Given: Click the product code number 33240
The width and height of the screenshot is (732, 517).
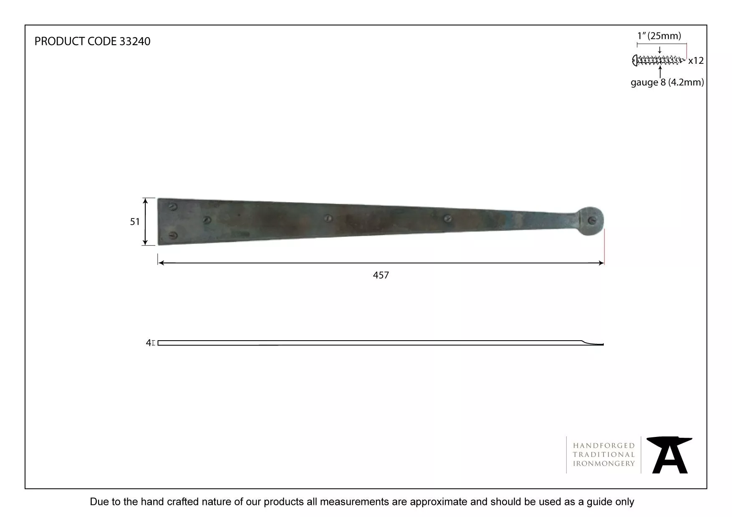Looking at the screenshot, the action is [x=135, y=41].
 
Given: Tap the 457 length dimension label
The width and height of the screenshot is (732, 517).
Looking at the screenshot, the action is [x=381, y=275].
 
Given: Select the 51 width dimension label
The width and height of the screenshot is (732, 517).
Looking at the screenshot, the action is [x=135, y=222].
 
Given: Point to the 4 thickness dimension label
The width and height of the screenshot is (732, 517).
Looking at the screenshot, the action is [x=148, y=343].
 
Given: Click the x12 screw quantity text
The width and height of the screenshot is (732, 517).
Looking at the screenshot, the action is [x=696, y=61].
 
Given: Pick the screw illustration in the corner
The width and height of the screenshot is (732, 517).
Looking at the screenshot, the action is [x=659, y=60].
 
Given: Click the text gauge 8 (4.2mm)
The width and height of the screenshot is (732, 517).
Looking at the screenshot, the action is [x=667, y=83].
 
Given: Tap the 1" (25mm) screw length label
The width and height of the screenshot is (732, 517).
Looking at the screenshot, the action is [x=659, y=36].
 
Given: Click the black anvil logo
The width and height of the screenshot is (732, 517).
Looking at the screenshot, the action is [x=669, y=455].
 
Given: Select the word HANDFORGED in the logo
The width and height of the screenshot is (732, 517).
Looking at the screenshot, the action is [x=604, y=446].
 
